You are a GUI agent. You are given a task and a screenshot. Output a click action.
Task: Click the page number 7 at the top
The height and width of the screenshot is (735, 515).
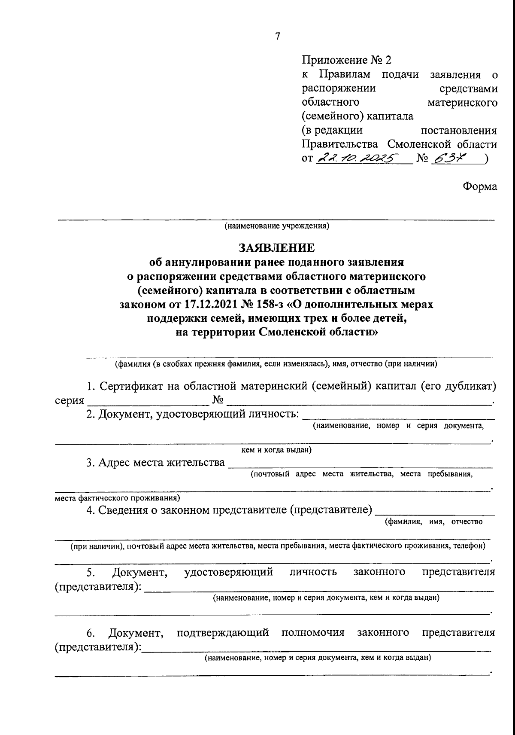(x=277, y=37)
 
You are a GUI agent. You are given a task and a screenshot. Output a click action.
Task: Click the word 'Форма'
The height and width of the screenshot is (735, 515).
(x=480, y=186)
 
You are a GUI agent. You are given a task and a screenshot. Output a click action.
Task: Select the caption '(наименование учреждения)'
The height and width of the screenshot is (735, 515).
(x=276, y=226)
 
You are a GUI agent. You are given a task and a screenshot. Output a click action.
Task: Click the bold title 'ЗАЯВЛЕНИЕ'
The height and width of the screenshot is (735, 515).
(x=276, y=248)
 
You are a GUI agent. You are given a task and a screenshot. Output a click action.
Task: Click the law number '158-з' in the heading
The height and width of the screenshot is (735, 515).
(x=261, y=305)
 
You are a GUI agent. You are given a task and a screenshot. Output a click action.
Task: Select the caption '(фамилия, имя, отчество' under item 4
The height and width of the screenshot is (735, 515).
(x=433, y=522)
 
